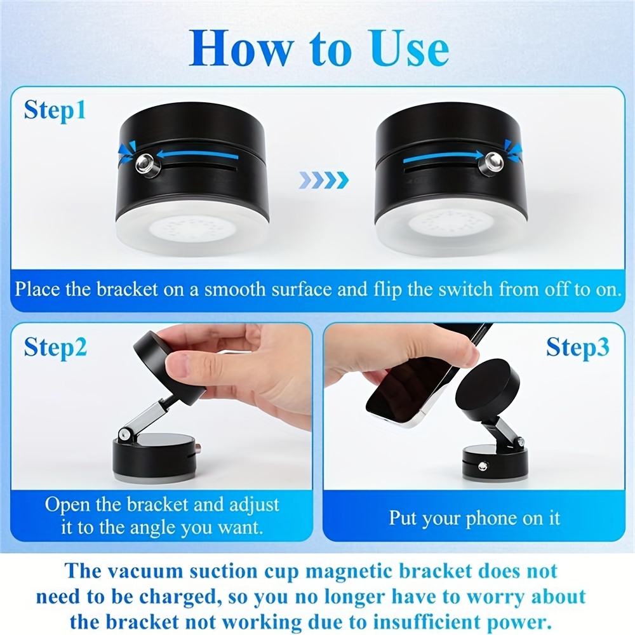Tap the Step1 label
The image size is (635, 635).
pos(55,110)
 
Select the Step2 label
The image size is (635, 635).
pos(55,348)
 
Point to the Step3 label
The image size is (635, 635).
pos(577,347)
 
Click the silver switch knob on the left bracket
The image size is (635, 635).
pos(146,164)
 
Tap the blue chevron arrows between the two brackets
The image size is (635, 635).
pos(324,180)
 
